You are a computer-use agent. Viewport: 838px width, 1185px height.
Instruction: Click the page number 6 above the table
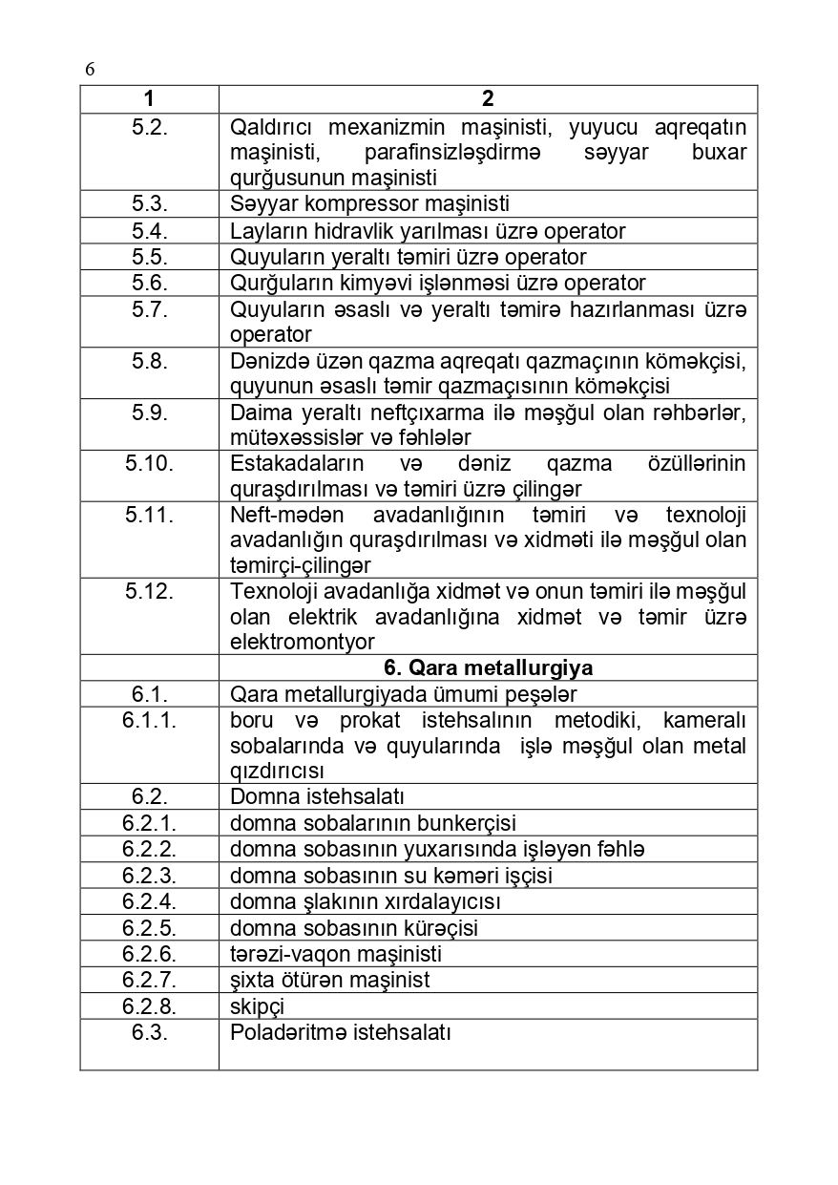[x=90, y=69]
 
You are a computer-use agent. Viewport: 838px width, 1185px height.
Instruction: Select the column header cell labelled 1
[x=149, y=99]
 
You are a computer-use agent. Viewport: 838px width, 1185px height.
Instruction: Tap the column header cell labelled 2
[x=488, y=99]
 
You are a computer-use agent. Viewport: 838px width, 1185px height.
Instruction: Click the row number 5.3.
[x=150, y=203]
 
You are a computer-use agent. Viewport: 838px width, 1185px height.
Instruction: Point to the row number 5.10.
[x=150, y=463]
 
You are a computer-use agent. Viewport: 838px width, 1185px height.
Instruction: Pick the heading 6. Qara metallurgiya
[x=488, y=667]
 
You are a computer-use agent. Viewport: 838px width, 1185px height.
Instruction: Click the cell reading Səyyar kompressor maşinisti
[x=369, y=203]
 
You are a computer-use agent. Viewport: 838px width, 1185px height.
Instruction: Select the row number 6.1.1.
[x=150, y=720]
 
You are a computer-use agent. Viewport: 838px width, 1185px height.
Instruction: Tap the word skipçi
[x=257, y=1006]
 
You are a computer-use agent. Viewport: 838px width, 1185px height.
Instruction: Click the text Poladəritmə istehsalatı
[x=340, y=1032]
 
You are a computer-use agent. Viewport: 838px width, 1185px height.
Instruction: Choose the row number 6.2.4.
[x=150, y=901]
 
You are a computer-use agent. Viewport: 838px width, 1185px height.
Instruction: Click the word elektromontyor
[x=303, y=642]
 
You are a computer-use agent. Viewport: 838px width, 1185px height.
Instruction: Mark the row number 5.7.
[x=150, y=308]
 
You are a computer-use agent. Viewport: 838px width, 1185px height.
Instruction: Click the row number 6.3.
[x=150, y=1032]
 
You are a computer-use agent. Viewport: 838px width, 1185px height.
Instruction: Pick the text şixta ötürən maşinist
[x=329, y=980]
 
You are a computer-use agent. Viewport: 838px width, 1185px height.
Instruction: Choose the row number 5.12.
[x=150, y=591]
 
